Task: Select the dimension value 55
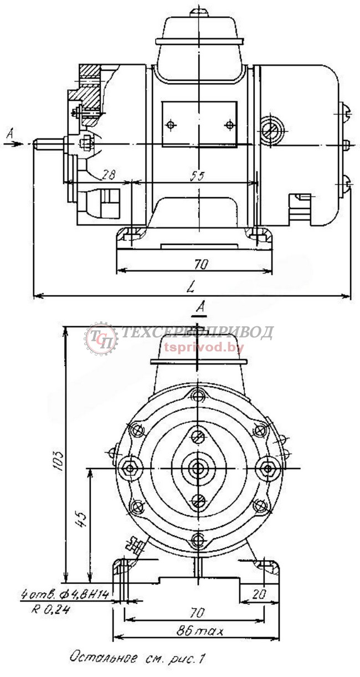click(x=197, y=176)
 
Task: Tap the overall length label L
click(x=191, y=288)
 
